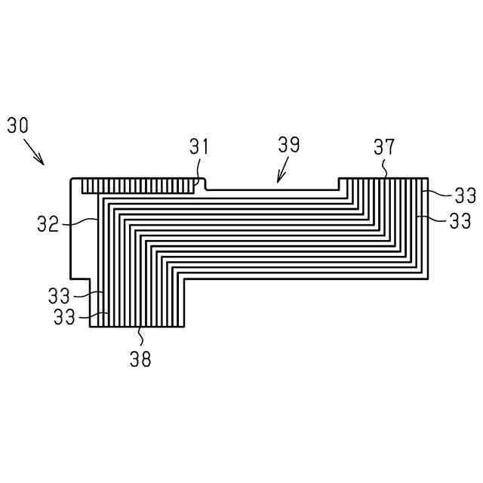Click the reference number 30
click(18, 125)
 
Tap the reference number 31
click(198, 146)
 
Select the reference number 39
click(288, 144)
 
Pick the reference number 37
click(384, 146)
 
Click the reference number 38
click(140, 359)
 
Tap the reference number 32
click(48, 224)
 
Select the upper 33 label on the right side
click(465, 196)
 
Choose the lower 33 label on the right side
click(465, 221)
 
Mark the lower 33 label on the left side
click(65, 317)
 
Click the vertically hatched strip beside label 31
click(140, 185)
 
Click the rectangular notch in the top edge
click(272, 184)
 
